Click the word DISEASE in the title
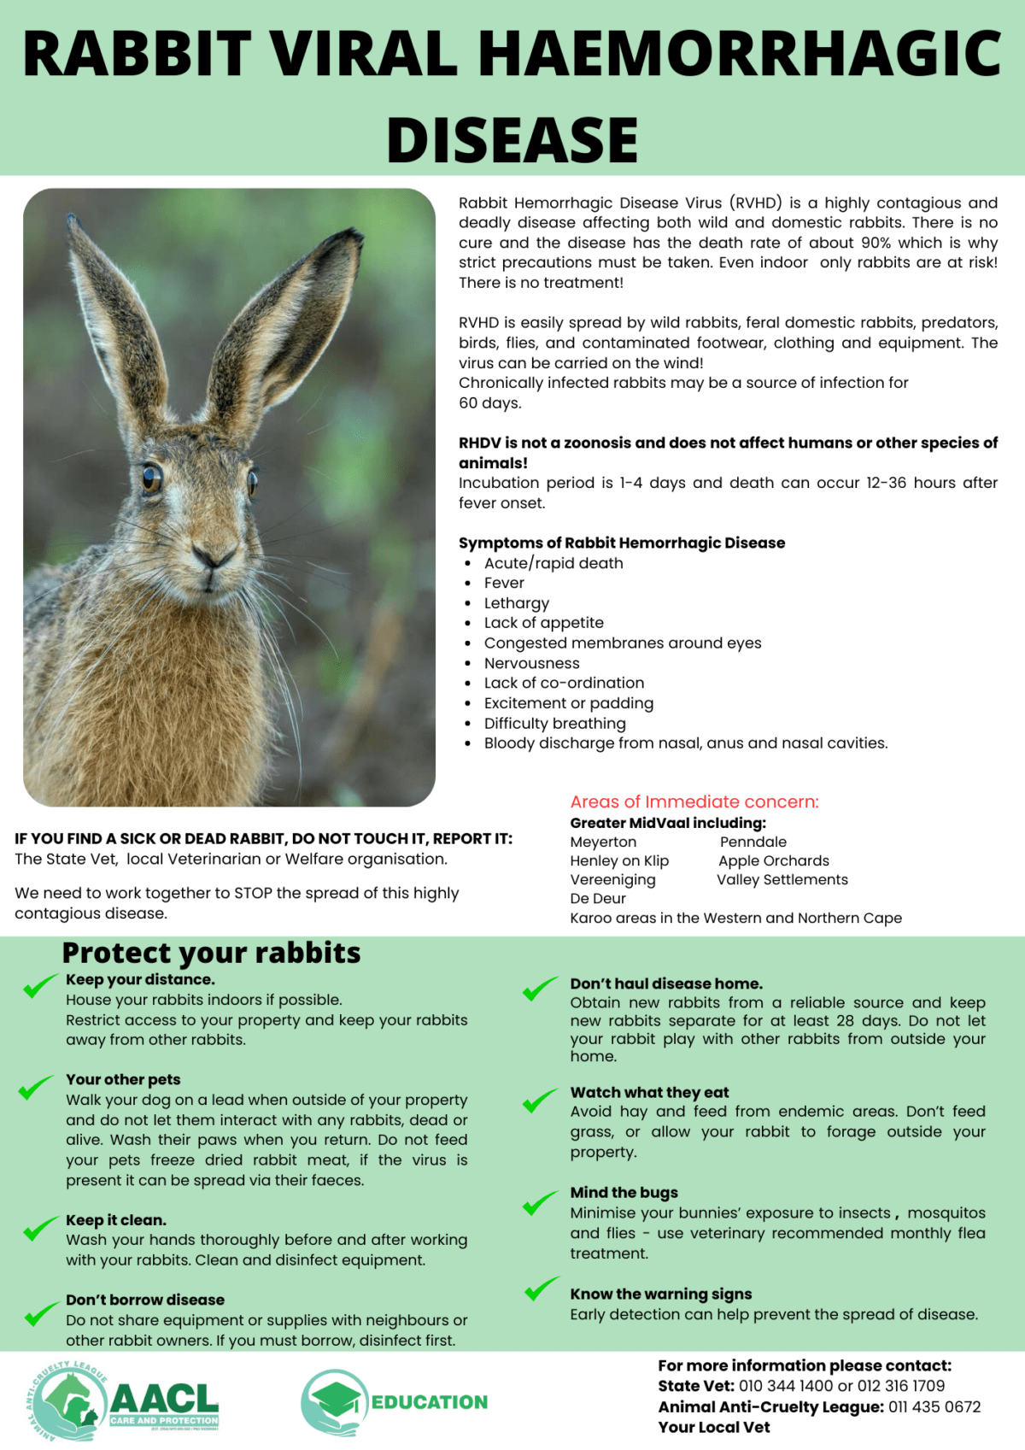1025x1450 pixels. tap(512, 139)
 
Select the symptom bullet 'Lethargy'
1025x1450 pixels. tap(516, 603)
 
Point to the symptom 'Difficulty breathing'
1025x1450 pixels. tap(554, 723)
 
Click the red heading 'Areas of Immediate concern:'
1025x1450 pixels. tap(694, 801)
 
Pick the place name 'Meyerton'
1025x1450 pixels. tap(603, 842)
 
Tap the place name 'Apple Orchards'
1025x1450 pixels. tap(773, 860)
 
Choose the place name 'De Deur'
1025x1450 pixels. tap(598, 898)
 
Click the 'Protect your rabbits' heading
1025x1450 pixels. tap(211, 952)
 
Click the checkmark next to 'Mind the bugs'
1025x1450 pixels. tap(540, 1203)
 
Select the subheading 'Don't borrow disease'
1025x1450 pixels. tap(145, 1300)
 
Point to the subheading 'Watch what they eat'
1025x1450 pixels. tap(649, 1092)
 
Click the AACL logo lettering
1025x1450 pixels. tap(164, 1398)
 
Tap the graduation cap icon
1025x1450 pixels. tap(335, 1399)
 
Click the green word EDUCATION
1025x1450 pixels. tap(429, 1402)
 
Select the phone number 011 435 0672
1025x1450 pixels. tap(934, 1406)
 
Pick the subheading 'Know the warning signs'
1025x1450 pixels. tap(660, 1294)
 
